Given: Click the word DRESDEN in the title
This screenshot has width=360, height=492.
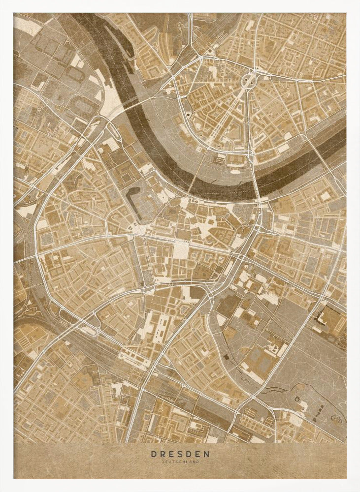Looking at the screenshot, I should point(180,454).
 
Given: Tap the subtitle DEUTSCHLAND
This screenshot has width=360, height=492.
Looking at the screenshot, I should point(180,462).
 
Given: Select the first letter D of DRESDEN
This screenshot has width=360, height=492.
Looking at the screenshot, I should point(153,454).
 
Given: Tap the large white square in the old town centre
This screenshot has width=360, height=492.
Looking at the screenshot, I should point(180,250).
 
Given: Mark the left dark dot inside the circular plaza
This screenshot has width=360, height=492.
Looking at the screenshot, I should point(245,78).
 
